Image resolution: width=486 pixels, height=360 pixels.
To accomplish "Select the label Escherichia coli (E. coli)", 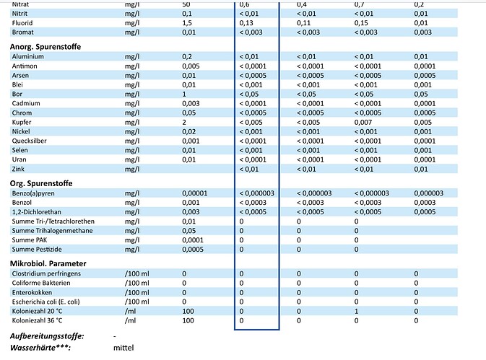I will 52,301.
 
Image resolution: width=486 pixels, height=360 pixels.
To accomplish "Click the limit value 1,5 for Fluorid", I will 187,23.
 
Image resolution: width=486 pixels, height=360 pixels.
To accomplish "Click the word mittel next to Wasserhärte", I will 123,348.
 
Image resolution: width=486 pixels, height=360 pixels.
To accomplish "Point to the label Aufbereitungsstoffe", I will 47,336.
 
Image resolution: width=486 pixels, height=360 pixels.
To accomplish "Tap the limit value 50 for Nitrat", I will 186,4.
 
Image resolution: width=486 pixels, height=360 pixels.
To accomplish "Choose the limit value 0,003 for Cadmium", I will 190,102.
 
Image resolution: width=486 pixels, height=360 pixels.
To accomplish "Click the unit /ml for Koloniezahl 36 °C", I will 130,320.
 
